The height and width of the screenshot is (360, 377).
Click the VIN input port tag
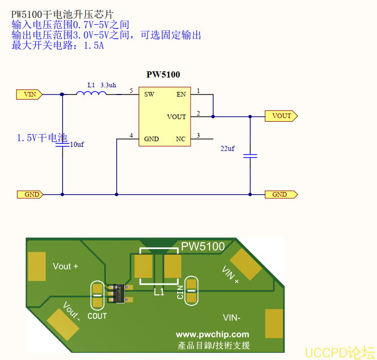[x=29, y=94]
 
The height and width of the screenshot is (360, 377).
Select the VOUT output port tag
[x=281, y=116]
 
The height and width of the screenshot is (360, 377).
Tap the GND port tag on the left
[x=29, y=195]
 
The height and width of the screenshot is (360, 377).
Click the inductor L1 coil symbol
[x=91, y=93]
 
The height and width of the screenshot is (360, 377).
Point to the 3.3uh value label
[x=108, y=84]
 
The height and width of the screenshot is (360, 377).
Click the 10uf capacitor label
[x=77, y=145]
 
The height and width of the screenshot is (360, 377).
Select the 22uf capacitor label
[x=228, y=148]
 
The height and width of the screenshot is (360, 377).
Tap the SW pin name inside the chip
[x=149, y=94]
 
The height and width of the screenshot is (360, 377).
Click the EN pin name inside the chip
[x=181, y=94]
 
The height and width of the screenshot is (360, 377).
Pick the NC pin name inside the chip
[x=180, y=139]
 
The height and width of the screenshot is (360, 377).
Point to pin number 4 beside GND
[x=131, y=136]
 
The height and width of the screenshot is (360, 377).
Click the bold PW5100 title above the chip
[x=163, y=74]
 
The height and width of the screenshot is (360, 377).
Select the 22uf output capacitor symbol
[x=250, y=155]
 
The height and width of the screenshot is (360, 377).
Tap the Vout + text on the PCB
[x=65, y=266]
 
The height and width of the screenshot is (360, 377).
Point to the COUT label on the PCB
[x=97, y=316]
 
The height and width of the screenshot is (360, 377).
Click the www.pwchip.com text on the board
[x=212, y=334]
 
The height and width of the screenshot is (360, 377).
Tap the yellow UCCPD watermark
[x=340, y=352]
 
